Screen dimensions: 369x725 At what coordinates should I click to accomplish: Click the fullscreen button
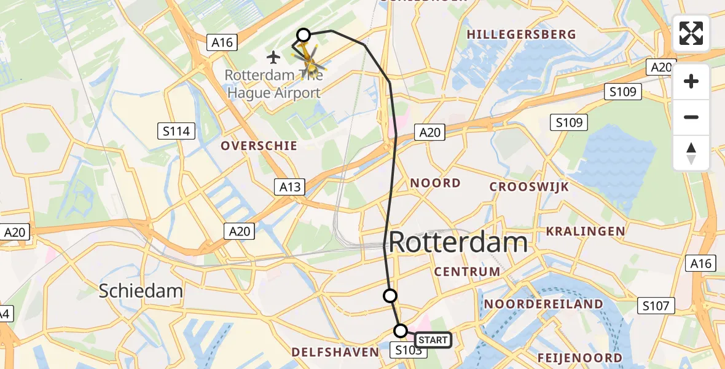pyautogui.click(x=691, y=33)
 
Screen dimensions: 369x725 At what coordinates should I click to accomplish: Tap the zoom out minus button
pyautogui.click(x=691, y=117)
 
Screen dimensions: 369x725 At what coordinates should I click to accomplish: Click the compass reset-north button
pyautogui.click(x=691, y=153)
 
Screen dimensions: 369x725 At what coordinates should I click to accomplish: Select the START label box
pyautogui.click(x=433, y=339)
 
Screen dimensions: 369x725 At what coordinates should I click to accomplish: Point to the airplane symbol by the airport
pyautogui.click(x=274, y=57)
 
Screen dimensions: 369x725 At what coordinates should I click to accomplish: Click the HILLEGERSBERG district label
pyautogui.click(x=522, y=34)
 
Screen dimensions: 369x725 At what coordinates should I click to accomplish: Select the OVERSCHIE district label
pyautogui.click(x=259, y=146)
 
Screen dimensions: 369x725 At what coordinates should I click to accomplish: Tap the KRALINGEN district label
pyautogui.click(x=586, y=231)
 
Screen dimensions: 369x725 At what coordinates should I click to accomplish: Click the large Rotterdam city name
pyautogui.click(x=458, y=242)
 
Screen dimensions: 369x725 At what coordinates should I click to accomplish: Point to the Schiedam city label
pyautogui.click(x=141, y=291)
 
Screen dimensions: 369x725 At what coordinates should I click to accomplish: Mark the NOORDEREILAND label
pyautogui.click(x=544, y=304)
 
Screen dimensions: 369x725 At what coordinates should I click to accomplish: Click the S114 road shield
pyautogui.click(x=176, y=130)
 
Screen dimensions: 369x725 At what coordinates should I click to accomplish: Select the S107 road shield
pyautogui.click(x=656, y=305)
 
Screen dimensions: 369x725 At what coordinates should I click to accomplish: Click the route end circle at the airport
pyautogui.click(x=304, y=35)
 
